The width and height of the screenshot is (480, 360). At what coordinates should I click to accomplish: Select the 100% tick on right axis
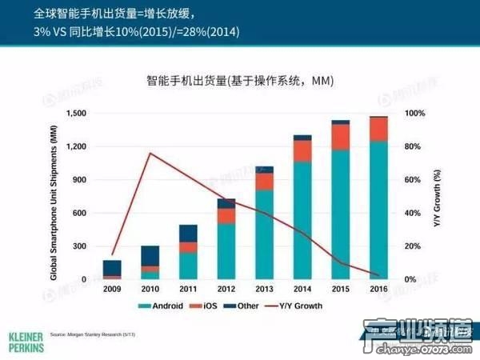tap(414, 114)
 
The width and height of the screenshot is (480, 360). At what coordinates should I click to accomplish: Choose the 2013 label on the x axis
tap(263, 289)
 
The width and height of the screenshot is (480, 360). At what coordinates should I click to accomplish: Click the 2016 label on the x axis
tap(378, 289)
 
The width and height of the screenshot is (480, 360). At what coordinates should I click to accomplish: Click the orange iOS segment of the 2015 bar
tap(341, 137)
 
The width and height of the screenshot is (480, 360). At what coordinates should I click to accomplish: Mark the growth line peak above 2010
tap(150, 153)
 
